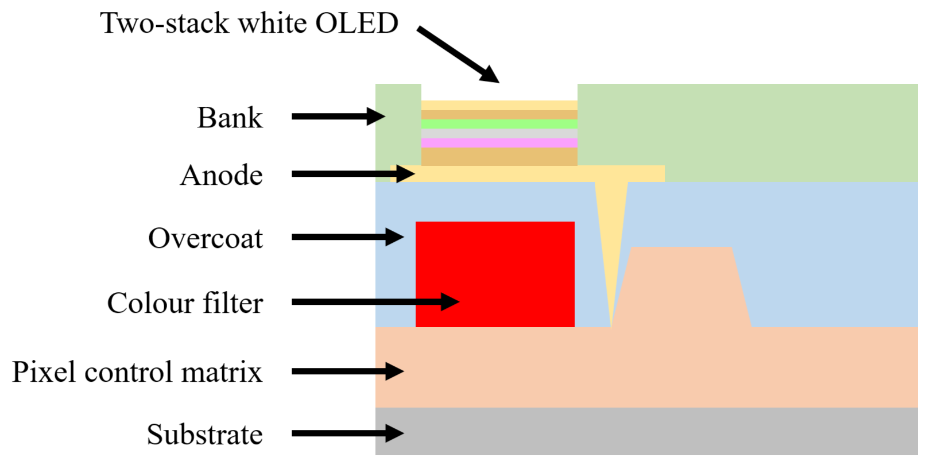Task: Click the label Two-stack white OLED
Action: pos(249,23)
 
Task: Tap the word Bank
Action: pos(230,118)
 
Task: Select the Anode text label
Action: pos(221,175)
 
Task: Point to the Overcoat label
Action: pos(206,238)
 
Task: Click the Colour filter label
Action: pos(185,303)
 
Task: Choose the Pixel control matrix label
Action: pos(137,372)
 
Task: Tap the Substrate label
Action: pos(204,435)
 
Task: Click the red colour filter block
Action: pos(495,274)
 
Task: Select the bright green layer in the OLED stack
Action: pos(499,124)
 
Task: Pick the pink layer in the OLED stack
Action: pos(499,143)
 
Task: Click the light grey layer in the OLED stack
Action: pos(499,134)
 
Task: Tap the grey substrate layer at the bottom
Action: pos(646,431)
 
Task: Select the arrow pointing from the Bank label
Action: pos(339,117)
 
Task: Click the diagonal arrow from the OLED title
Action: pos(459,55)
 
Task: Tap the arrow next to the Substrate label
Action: pos(348,433)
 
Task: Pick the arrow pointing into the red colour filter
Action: pos(375,302)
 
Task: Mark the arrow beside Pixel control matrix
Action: pos(348,371)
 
